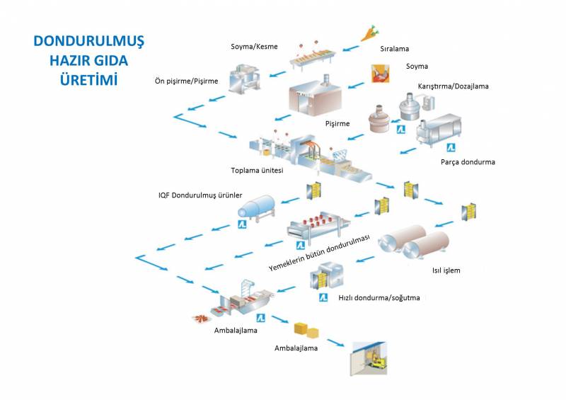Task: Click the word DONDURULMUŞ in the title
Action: (x=88, y=41)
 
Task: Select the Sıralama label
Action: (x=395, y=50)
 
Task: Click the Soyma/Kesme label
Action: (x=254, y=47)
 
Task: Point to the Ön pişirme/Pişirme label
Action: (x=186, y=81)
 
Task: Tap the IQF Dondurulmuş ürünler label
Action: (x=200, y=195)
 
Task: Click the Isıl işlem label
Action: (x=446, y=270)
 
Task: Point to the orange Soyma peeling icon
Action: (x=381, y=74)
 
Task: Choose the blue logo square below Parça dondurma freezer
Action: (x=449, y=147)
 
